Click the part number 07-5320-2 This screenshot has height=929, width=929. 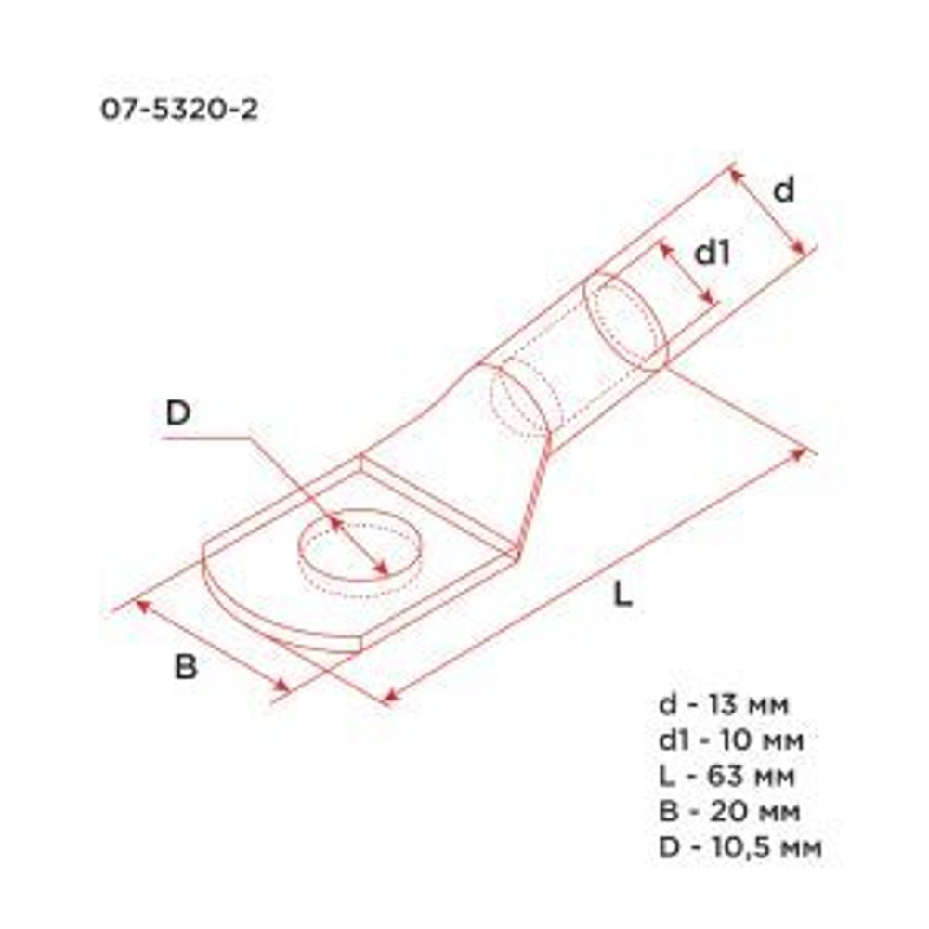179,111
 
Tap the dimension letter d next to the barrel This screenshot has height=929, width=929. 785,190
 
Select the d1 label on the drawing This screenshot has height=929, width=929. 713,253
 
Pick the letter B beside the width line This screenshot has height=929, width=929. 187,666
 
